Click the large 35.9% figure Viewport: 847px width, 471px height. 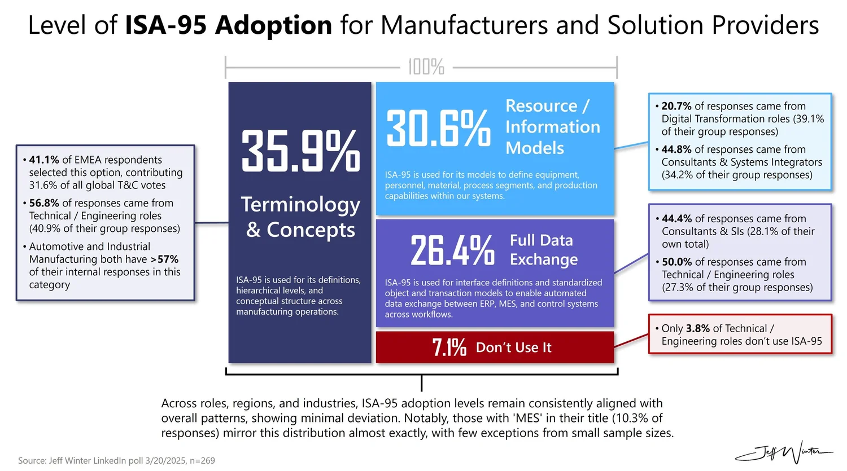click(300, 151)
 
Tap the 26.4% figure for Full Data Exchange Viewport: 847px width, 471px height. click(452, 250)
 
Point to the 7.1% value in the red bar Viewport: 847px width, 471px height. click(449, 347)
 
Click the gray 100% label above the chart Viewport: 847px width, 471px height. click(426, 67)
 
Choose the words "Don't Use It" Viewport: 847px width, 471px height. click(513, 347)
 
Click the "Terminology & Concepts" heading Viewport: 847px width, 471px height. click(300, 217)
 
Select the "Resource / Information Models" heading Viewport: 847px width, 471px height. click(552, 126)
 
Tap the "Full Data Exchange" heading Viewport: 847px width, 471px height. click(544, 250)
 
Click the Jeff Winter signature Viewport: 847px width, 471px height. click(784, 452)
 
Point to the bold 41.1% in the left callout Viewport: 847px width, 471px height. click(44, 160)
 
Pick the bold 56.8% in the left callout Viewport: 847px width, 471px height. click(44, 203)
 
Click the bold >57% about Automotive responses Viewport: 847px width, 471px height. click(164, 259)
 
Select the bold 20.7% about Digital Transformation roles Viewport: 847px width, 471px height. click(676, 106)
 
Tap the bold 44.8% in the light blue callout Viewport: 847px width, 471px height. click(676, 149)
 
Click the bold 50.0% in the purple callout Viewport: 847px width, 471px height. click(677, 262)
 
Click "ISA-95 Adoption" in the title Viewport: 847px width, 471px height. click(228, 25)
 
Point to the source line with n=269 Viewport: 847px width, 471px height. click(116, 460)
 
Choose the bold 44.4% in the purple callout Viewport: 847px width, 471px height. click(677, 219)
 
